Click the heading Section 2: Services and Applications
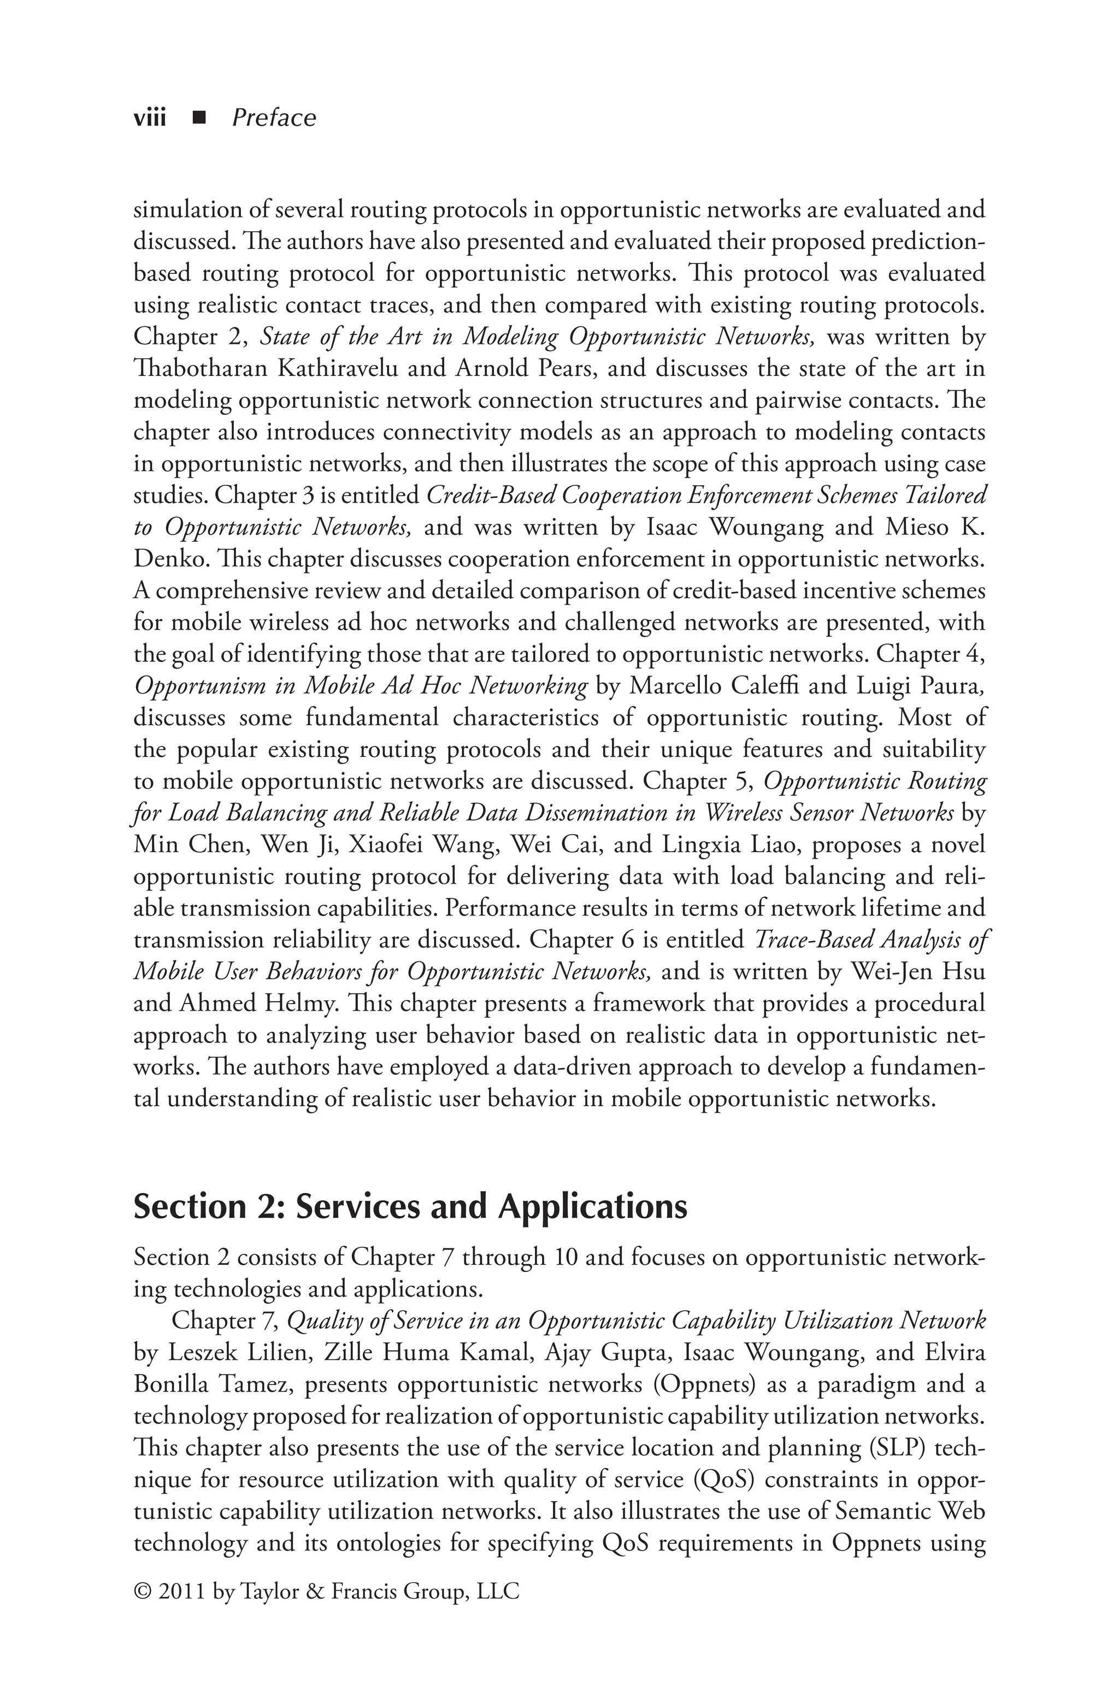410,1207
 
